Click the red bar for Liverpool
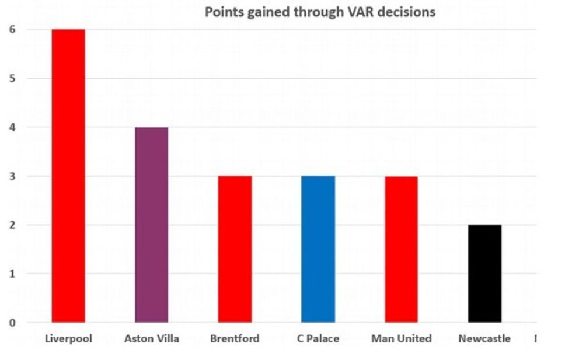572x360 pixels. click(68, 176)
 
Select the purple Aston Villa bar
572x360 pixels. click(152, 225)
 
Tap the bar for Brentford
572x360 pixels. click(235, 249)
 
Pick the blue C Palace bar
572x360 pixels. click(318, 249)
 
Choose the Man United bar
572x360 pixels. click(401, 249)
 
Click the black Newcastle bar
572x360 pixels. click(484, 274)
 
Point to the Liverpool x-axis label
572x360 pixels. click(68, 338)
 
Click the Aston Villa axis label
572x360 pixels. click(152, 338)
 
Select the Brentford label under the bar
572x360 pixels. click(235, 338)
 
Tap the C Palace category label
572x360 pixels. click(318, 338)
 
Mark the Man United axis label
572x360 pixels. click(401, 338)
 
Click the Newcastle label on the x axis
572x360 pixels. click(484, 338)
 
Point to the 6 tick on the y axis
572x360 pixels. click(13, 29)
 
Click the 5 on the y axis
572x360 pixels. click(13, 78)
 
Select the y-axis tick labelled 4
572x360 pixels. click(13, 127)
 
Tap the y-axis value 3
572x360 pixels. click(13, 176)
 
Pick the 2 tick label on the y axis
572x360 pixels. click(13, 225)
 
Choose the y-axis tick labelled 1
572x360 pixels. click(13, 274)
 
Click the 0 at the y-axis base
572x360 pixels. click(13, 323)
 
